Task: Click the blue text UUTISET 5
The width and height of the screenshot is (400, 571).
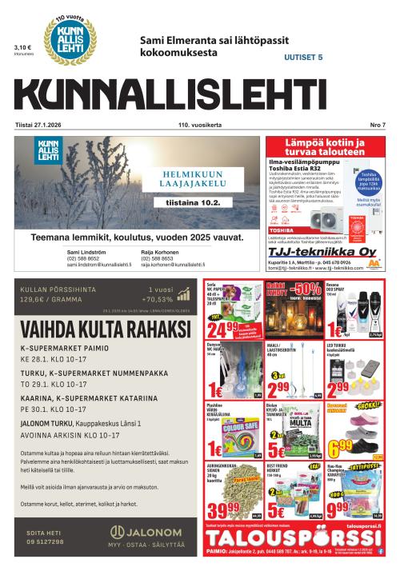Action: point(303,58)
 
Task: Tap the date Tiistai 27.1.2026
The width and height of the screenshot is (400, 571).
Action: point(41,125)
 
